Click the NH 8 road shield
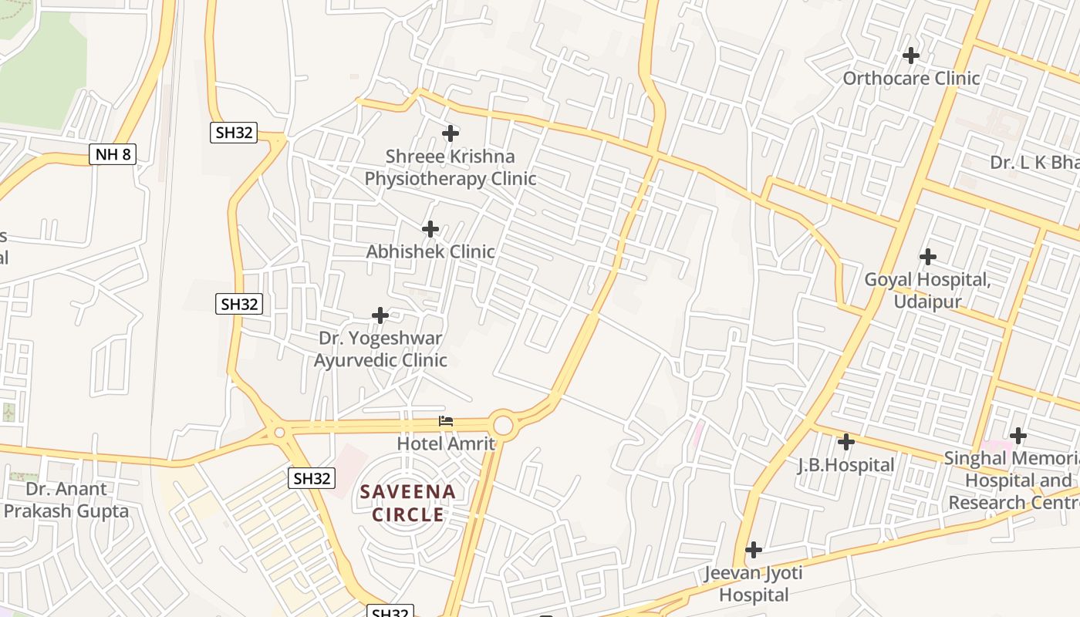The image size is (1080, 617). click(x=113, y=154)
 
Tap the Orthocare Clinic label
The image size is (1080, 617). click(x=911, y=78)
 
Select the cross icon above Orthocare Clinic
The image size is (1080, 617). click(x=911, y=56)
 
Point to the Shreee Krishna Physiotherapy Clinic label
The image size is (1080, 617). click(x=451, y=167)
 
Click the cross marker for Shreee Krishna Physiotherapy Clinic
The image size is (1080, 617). click(x=451, y=133)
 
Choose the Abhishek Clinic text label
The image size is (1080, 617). click(x=430, y=251)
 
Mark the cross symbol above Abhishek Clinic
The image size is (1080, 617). click(x=430, y=229)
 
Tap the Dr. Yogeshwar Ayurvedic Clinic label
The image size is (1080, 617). click(x=380, y=349)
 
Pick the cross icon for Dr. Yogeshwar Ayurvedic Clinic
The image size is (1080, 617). click(x=380, y=315)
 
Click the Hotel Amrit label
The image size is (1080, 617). click(x=446, y=443)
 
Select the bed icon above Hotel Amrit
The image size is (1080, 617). click(x=446, y=421)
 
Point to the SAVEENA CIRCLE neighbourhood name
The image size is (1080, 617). click(x=408, y=503)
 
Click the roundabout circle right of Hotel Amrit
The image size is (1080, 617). click(x=503, y=425)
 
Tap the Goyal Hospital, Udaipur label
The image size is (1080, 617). click(x=927, y=290)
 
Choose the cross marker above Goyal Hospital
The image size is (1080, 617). click(x=928, y=256)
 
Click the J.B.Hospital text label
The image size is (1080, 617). click(x=846, y=465)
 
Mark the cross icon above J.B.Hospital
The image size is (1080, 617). click(x=846, y=442)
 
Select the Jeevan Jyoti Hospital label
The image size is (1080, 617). click(x=754, y=584)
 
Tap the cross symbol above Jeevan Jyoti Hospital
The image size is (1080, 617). click(x=754, y=550)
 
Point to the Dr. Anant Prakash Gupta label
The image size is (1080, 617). click(x=66, y=500)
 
